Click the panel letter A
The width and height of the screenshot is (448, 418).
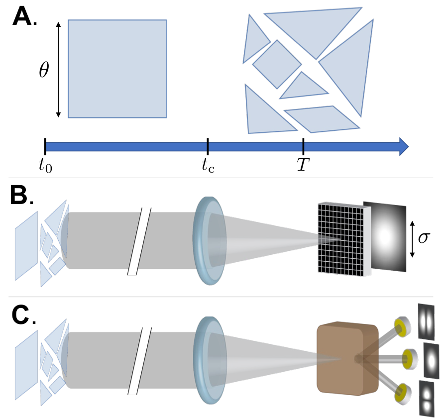[22, 16]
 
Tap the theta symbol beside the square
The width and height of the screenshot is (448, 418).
[44, 70]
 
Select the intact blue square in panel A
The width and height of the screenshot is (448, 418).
[117, 69]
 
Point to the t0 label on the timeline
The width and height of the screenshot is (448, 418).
[45, 166]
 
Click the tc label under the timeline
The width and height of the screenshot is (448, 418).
[208, 166]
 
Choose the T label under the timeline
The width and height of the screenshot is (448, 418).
[303, 165]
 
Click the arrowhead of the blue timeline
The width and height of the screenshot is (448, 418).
[404, 147]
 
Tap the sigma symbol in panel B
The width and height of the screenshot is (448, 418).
[424, 238]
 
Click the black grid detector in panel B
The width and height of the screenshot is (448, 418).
[341, 239]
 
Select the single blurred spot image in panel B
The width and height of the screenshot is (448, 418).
[385, 237]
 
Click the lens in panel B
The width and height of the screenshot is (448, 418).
[210, 240]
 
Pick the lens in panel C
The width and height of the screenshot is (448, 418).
[210, 360]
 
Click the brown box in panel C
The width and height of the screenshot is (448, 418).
[348, 359]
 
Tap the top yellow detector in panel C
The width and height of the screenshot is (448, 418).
[402, 326]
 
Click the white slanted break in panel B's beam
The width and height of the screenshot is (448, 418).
[139, 241]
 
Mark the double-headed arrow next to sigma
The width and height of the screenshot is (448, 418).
[412, 239]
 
